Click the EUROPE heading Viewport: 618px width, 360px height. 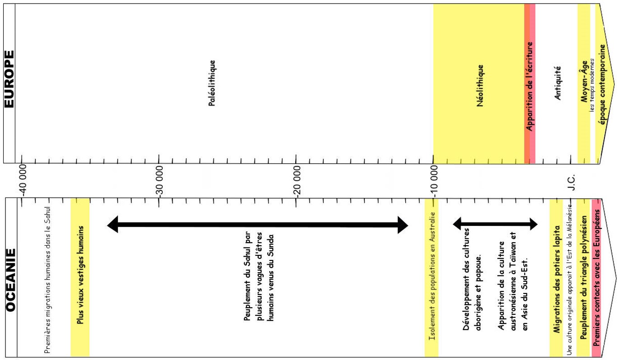[x=9, y=79]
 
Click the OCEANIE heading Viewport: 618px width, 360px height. [x=11, y=280]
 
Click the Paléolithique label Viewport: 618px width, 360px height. [x=212, y=83]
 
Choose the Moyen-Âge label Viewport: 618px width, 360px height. [x=584, y=81]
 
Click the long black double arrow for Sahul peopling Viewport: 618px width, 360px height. [x=257, y=224]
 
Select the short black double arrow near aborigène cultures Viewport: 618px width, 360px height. [x=495, y=223]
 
